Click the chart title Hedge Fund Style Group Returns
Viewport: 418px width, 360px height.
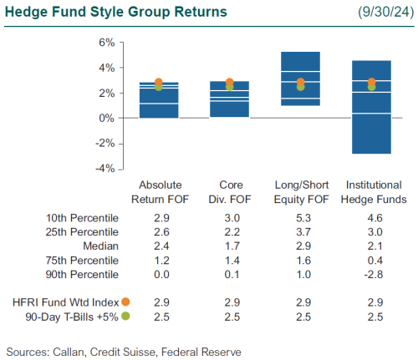pyautogui.click(x=115, y=13)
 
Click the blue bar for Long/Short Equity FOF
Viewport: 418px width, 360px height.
pyautogui.click(x=300, y=79)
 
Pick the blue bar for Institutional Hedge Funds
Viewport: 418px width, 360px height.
pyautogui.click(x=371, y=107)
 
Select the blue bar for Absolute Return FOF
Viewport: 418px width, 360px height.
pyautogui.click(x=158, y=99)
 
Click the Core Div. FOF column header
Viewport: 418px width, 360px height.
pyautogui.click(x=230, y=192)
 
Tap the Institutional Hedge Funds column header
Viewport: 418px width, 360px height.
pyautogui.click(x=372, y=192)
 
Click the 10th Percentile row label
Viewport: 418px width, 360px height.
pyautogui.click(x=83, y=217)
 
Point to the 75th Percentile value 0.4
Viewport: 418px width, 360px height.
pyautogui.click(x=375, y=261)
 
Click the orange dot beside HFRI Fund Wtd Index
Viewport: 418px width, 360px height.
pyautogui.click(x=125, y=302)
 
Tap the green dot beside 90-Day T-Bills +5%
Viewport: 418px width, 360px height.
pyautogui.click(x=125, y=316)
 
